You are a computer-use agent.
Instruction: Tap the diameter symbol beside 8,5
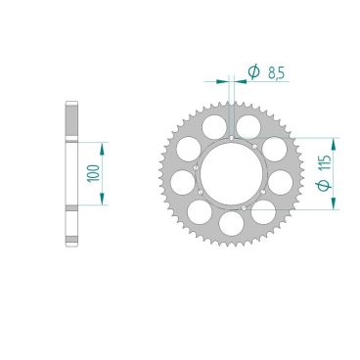click(251, 70)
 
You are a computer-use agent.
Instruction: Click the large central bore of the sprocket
click(231, 173)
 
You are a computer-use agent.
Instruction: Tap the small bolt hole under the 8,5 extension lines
click(231, 137)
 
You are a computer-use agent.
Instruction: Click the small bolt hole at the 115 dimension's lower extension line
click(244, 206)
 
